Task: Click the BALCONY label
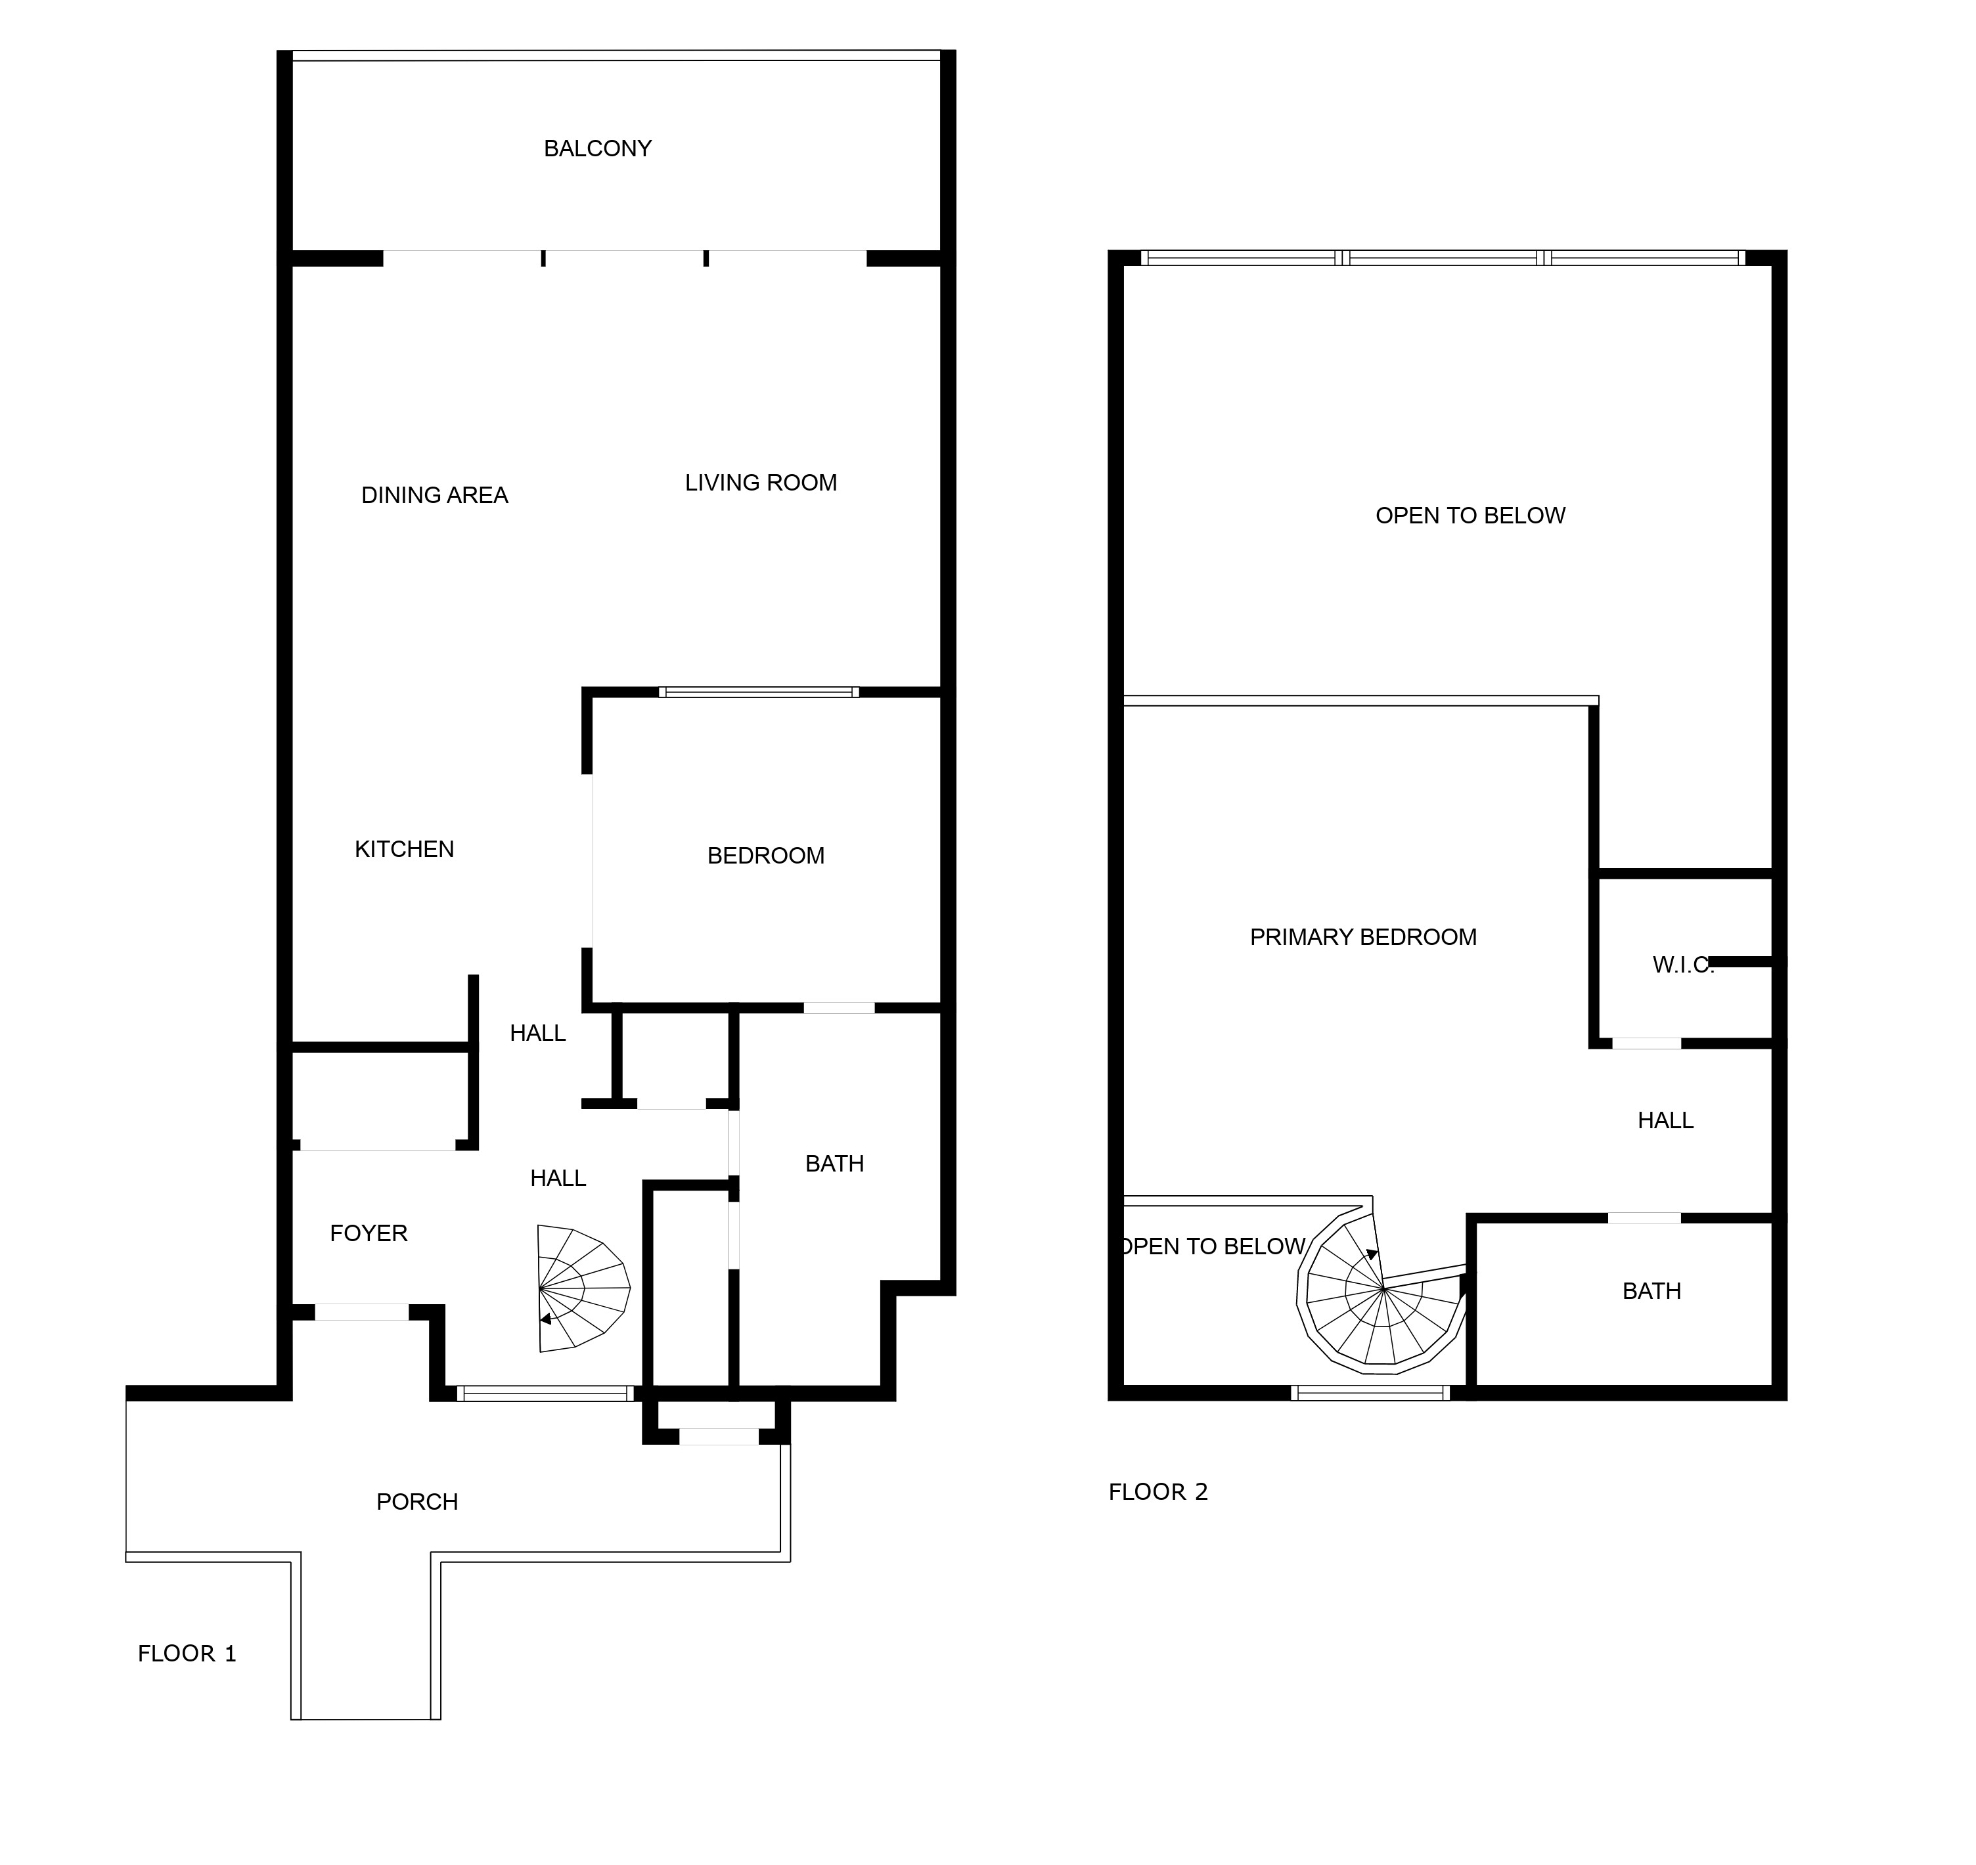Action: [x=598, y=148]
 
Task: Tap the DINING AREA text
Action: [x=435, y=495]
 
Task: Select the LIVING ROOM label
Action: [x=761, y=482]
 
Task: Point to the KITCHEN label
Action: [x=405, y=849]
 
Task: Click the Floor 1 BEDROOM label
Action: [x=766, y=856]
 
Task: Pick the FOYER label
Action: [x=369, y=1233]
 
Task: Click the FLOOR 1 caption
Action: [x=187, y=1654]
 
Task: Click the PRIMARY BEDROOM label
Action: [x=1363, y=936]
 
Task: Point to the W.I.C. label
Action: [x=1682, y=964]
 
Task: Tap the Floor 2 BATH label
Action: [x=1651, y=1290]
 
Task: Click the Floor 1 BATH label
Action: [x=834, y=1163]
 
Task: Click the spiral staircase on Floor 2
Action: [x=1381, y=1292]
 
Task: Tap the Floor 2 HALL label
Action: [x=1666, y=1120]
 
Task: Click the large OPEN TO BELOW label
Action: [x=1470, y=515]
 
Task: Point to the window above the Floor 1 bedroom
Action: [x=759, y=692]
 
